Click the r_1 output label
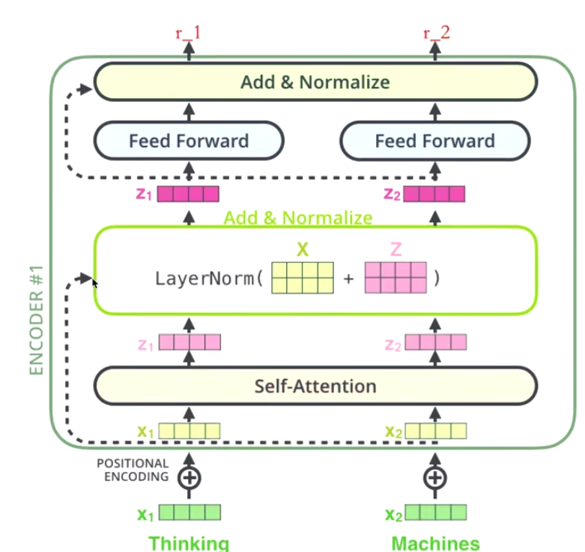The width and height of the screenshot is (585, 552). (189, 33)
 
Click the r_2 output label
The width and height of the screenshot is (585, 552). (437, 33)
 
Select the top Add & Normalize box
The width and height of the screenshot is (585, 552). (315, 82)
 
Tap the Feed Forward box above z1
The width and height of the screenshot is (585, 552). (188, 141)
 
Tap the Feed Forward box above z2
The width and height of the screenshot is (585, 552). (434, 141)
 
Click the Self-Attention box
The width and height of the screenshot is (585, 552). (315, 386)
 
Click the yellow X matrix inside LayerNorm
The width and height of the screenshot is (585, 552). (302, 278)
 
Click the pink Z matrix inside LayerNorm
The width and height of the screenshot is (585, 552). (395, 278)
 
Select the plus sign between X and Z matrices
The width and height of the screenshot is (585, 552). (348, 279)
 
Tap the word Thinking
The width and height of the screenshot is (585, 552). (188, 543)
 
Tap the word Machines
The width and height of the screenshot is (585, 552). (435, 543)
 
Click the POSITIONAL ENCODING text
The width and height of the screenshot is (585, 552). (133, 470)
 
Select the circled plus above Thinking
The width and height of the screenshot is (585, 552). (189, 476)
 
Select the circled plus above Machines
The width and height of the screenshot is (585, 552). (435, 476)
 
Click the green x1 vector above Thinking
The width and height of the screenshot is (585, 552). (190, 513)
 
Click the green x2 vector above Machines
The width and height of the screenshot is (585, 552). (435, 513)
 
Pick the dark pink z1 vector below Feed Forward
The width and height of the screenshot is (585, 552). (187, 195)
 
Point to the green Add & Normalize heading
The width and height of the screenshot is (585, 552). (298, 218)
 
